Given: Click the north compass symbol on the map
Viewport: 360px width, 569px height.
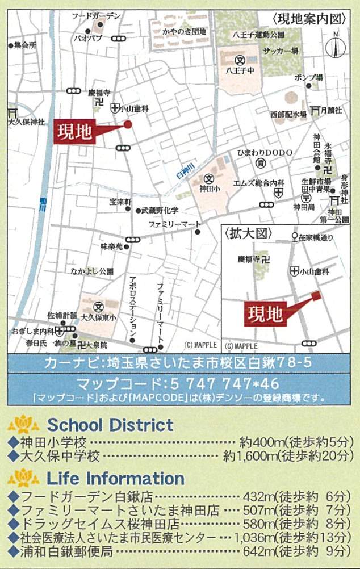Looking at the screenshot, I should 335,45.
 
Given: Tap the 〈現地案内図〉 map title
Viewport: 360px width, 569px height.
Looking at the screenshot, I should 309,18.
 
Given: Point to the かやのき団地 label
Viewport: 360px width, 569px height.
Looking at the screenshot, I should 184,32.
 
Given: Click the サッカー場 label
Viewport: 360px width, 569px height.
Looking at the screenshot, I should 280,51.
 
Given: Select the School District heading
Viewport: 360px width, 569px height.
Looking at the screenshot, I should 110,424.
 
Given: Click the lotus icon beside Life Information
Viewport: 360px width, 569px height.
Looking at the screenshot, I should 24,478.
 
